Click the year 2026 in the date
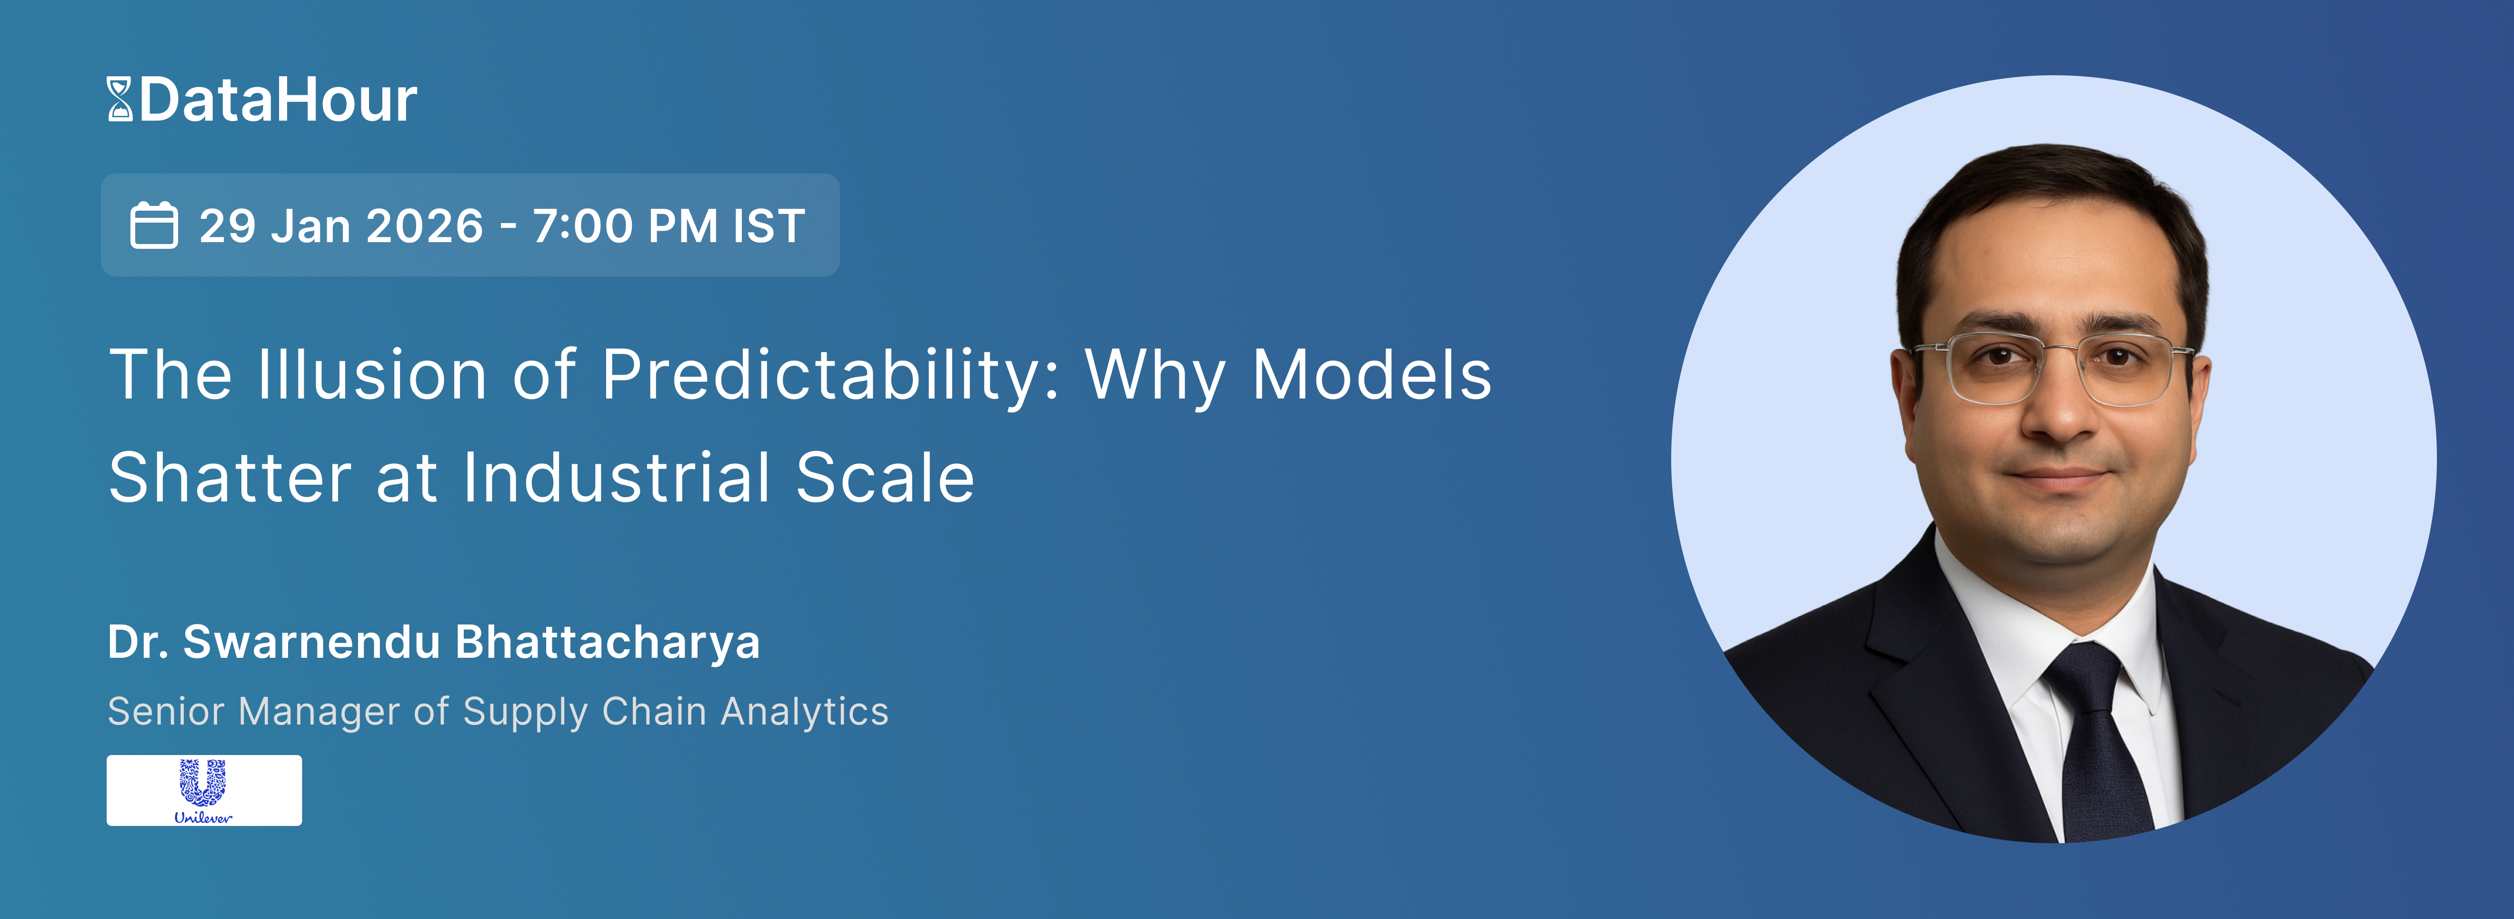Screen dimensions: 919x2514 click(x=425, y=225)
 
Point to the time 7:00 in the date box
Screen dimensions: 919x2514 click(x=583, y=225)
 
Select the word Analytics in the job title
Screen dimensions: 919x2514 click(x=804, y=712)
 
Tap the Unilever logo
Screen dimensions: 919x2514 click(x=204, y=790)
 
